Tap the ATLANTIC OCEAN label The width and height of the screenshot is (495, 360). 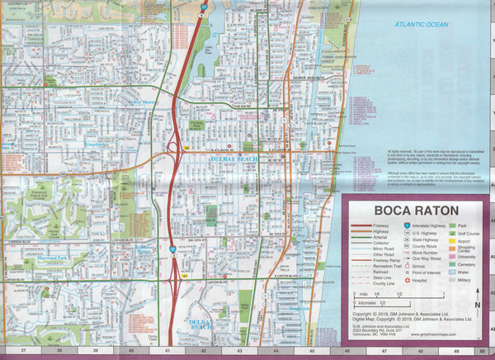421,25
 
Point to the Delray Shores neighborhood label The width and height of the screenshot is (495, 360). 145,103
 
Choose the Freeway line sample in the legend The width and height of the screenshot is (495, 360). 362,225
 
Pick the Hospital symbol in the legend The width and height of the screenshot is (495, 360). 408,280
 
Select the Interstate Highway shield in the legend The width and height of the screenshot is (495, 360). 408,225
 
